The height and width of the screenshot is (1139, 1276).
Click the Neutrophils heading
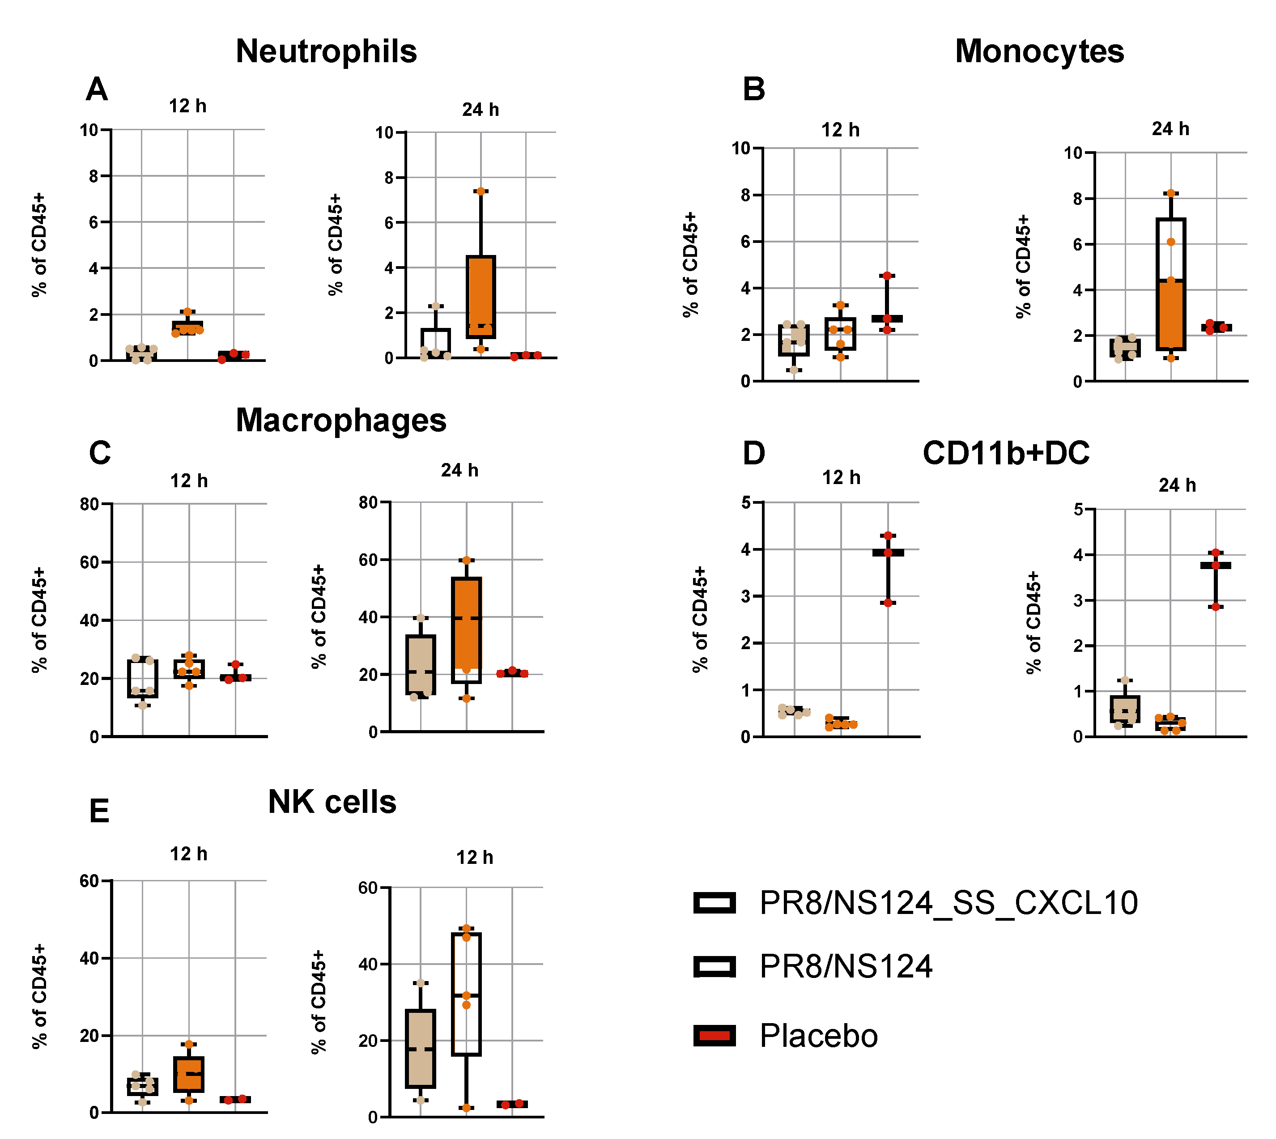click(x=326, y=51)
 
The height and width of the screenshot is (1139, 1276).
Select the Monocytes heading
click(x=1039, y=51)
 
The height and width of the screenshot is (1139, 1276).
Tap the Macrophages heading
click(x=341, y=421)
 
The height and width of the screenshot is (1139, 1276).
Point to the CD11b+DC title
click(x=1006, y=454)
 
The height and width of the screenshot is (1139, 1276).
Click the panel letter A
click(x=97, y=89)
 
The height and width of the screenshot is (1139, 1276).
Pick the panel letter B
click(x=753, y=89)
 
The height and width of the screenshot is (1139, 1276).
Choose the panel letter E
click(x=99, y=812)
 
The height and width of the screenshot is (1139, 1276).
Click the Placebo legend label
click(x=818, y=1036)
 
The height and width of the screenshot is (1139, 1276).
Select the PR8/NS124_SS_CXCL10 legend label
click(x=948, y=903)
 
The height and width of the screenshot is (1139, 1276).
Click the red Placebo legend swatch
click(x=714, y=1036)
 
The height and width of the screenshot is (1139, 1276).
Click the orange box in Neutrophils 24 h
click(x=481, y=294)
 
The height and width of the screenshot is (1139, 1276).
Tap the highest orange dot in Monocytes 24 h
click(x=1171, y=193)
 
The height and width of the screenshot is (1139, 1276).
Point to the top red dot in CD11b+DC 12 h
click(x=887, y=535)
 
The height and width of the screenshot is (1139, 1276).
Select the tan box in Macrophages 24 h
click(x=421, y=665)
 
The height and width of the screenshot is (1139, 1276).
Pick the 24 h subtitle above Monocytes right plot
click(x=1170, y=129)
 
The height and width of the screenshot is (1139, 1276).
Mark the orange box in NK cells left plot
click(x=188, y=1074)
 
